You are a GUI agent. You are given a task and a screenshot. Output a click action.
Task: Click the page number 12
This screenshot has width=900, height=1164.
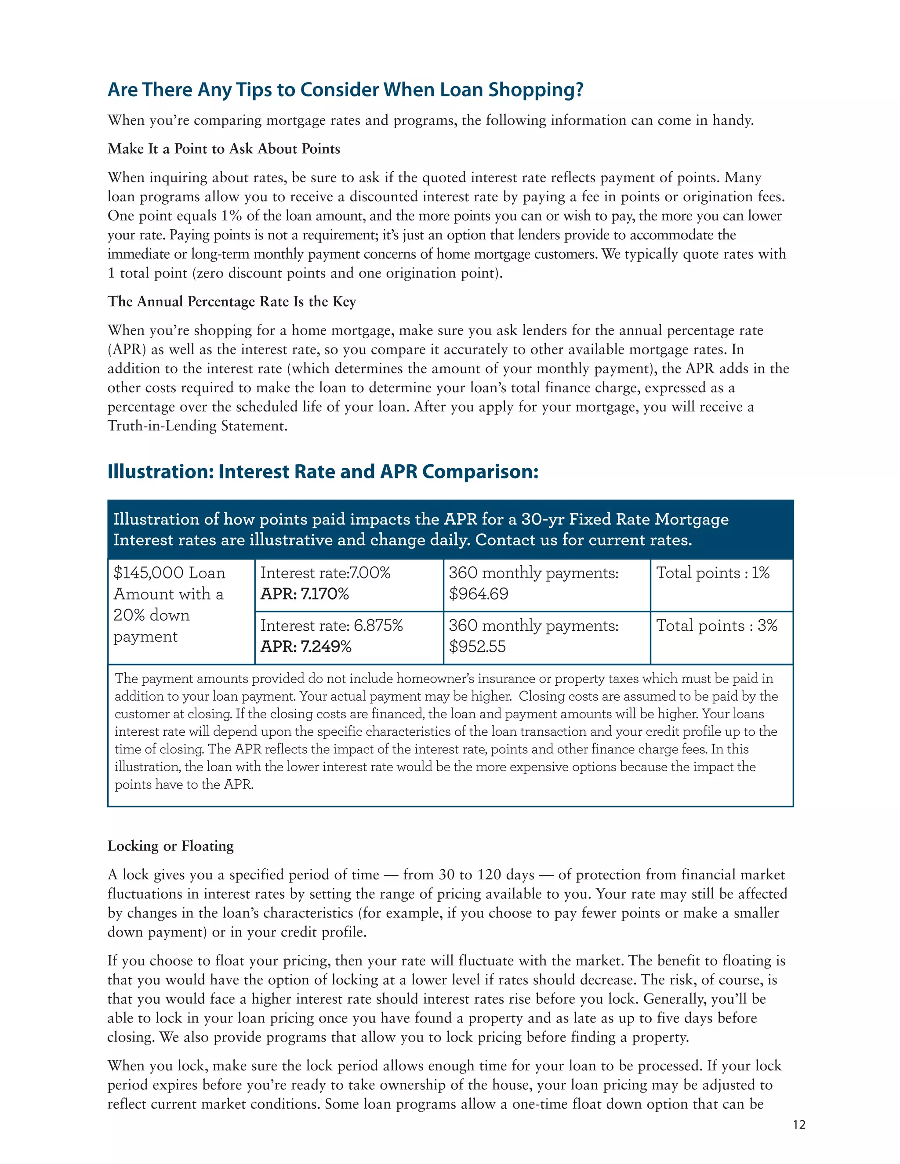(798, 1124)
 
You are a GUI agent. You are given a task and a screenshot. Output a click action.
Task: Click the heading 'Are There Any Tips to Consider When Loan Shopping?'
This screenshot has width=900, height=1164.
(345, 90)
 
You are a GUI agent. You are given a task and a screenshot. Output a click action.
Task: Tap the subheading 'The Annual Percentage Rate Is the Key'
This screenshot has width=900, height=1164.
(232, 302)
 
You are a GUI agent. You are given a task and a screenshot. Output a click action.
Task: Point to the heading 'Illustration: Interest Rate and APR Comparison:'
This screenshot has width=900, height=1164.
(323, 472)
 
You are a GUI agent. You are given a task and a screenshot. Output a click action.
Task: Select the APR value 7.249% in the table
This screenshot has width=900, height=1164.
(326, 647)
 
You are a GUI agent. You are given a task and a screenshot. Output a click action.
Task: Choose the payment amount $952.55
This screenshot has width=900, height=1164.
(477, 647)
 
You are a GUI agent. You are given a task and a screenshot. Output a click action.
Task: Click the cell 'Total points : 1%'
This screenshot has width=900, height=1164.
(712, 573)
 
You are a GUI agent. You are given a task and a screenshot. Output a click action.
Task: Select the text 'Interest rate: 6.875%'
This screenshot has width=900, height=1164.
(331, 625)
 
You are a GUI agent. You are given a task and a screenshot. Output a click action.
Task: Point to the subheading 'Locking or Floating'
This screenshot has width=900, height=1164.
(171, 846)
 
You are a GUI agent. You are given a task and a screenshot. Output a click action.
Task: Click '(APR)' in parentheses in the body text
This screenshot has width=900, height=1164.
(127, 350)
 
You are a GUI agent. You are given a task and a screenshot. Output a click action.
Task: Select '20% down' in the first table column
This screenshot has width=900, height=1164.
(152, 615)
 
